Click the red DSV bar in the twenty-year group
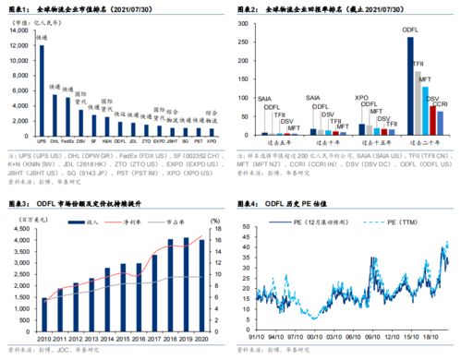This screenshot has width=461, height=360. [x=432, y=119]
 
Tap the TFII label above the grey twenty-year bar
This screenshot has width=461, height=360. [x=418, y=64]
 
